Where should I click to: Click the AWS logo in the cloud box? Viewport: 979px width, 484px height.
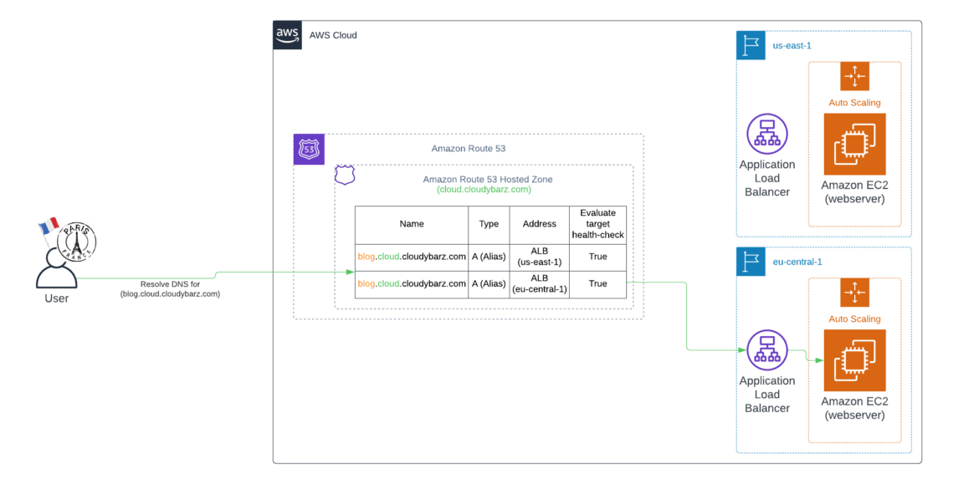[x=287, y=35]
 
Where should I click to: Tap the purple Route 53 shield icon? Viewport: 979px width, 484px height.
[x=308, y=149]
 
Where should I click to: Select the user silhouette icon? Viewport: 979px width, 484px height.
[x=56, y=267]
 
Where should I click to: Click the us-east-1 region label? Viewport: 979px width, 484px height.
[x=792, y=45]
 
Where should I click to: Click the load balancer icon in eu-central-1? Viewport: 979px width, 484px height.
[x=766, y=351]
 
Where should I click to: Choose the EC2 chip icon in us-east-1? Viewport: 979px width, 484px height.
[x=854, y=145]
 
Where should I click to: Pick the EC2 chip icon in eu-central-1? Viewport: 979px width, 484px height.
[x=854, y=360]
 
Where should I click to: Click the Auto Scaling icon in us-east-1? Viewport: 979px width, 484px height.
[x=854, y=76]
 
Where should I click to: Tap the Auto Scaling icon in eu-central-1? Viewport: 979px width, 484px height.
[x=854, y=293]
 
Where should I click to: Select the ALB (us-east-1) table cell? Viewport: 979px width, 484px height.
[x=539, y=256]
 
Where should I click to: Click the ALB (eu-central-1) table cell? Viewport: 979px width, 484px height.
[x=539, y=283]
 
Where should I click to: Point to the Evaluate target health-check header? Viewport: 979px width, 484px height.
[x=597, y=224]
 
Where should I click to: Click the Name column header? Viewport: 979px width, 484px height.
[x=412, y=224]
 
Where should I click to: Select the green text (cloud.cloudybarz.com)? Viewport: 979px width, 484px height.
[x=484, y=190]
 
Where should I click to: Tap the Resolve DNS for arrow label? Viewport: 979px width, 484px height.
[x=170, y=289]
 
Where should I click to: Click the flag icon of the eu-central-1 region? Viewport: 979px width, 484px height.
[x=751, y=262]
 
